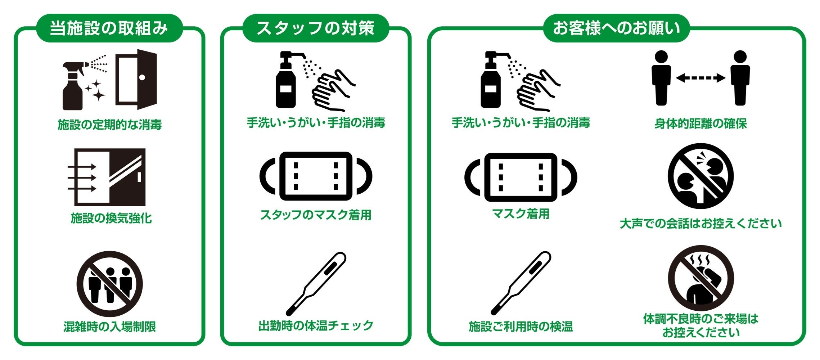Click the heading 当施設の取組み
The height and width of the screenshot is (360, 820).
[109, 28]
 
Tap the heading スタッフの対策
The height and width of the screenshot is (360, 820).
[315, 28]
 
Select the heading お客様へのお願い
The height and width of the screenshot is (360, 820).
[616, 28]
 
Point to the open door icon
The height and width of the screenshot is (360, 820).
[136, 79]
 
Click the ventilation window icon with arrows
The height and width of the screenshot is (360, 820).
[107, 177]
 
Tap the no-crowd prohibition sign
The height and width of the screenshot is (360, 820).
[110, 284]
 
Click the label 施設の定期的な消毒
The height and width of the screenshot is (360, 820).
[110, 125]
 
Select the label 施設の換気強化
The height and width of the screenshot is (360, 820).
[111, 218]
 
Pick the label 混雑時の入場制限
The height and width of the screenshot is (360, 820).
[110, 327]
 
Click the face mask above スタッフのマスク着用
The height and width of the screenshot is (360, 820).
[316, 176]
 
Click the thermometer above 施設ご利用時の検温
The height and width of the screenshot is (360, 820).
[521, 283]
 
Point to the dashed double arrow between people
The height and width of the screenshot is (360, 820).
[700, 78]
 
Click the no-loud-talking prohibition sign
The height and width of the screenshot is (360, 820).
[700, 176]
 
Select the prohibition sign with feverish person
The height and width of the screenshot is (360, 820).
[700, 278]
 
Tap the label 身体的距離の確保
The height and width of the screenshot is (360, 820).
[700, 123]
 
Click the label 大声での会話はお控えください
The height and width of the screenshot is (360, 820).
[701, 224]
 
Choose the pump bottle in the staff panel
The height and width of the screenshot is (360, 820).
[287, 80]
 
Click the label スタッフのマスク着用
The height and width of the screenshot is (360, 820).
[316, 215]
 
